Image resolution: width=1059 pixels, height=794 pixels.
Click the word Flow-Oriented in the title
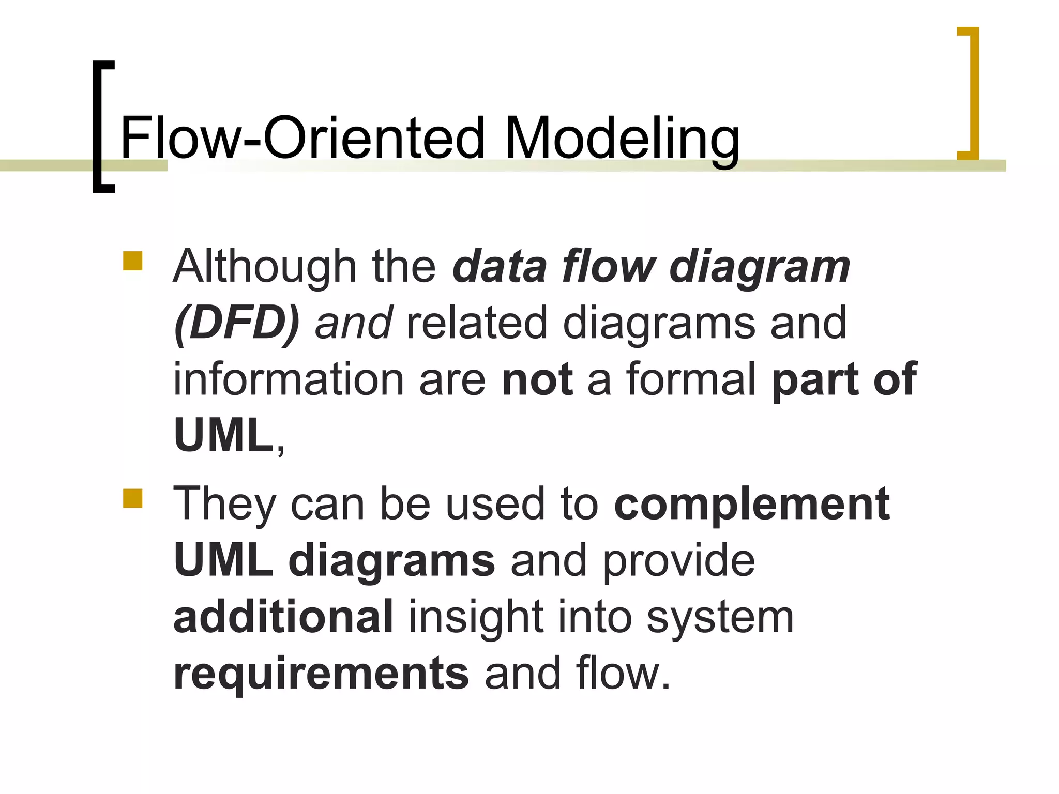click(x=302, y=138)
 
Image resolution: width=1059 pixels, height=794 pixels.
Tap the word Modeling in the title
click(x=622, y=138)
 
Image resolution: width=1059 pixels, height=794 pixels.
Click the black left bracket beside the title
click(x=98, y=127)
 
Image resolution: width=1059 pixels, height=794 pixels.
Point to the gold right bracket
click(x=973, y=93)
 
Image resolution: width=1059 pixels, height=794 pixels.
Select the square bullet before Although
click(x=133, y=261)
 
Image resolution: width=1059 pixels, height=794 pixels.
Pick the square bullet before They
click(x=133, y=499)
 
